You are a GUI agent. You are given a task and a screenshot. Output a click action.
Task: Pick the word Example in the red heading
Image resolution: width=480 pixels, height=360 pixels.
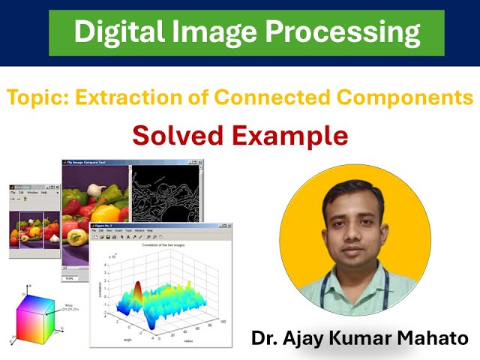[295, 135]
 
